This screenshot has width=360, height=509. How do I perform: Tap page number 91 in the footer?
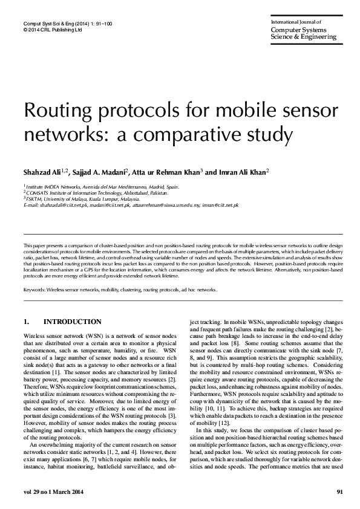click(339, 491)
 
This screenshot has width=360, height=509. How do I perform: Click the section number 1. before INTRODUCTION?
click(27, 322)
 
